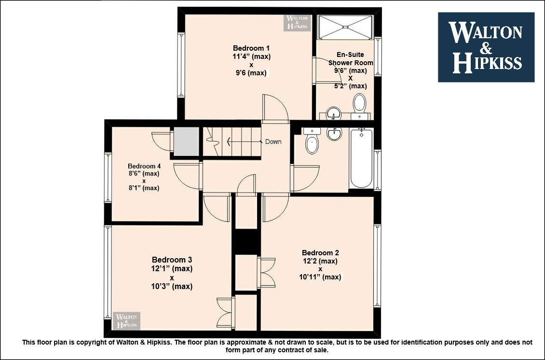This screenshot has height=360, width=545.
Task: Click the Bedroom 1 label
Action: point(251,48)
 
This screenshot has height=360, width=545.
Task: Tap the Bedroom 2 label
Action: point(320,253)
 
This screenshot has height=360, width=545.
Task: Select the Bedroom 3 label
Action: point(172,260)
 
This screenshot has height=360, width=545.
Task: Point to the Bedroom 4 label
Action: point(144,166)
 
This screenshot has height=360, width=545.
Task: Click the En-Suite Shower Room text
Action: point(350,59)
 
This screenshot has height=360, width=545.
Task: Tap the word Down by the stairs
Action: point(273,141)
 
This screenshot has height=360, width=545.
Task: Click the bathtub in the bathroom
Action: point(361,158)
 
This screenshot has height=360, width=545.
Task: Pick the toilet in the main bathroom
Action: point(312,140)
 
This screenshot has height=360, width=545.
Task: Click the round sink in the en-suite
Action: point(334,113)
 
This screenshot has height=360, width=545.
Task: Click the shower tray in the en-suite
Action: point(345,27)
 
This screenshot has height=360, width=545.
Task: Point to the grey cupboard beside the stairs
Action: point(187,141)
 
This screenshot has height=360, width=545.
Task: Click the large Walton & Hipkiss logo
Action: point(486,47)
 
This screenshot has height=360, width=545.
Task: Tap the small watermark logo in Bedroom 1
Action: point(297,23)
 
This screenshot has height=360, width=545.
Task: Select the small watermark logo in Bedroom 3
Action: point(126,321)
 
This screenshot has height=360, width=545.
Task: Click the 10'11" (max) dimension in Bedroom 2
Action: point(320,277)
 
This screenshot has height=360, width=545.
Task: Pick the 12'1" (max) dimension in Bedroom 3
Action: point(172,268)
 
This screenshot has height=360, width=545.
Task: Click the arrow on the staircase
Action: point(245,141)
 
